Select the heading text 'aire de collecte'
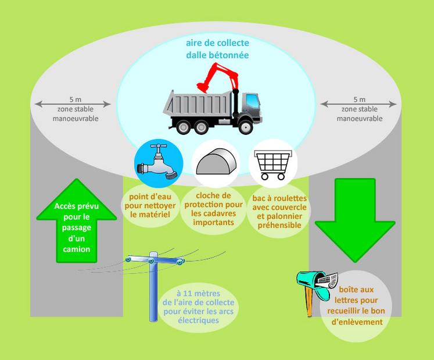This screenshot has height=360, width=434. pyautogui.click(x=217, y=44)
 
